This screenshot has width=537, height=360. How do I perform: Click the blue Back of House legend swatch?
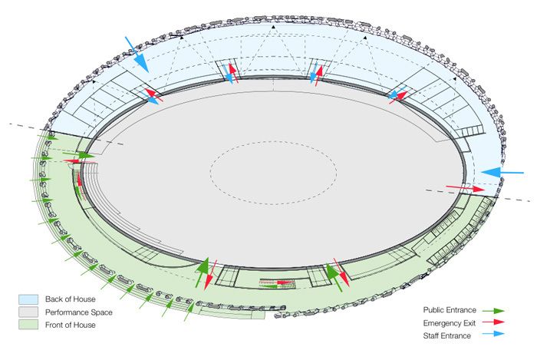point(28,298)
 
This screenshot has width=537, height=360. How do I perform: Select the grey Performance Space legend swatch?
point(28,312)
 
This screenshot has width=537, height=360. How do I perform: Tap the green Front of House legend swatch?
point(28,325)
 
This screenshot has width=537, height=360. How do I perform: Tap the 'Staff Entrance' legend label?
point(448,335)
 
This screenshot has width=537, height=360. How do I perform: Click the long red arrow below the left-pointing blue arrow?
point(463,188)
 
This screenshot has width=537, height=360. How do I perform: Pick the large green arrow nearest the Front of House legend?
point(203,272)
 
